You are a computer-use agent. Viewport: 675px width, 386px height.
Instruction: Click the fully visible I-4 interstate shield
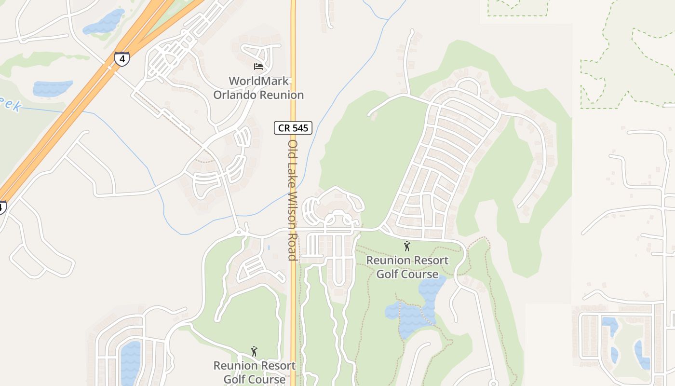click(122, 59)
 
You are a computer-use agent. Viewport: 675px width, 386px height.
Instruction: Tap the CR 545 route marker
click(293, 128)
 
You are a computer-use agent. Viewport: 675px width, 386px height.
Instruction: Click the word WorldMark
click(259, 81)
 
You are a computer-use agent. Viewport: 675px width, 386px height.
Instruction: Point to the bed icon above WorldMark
click(258, 66)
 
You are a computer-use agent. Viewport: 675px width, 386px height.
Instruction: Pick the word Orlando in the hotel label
click(235, 95)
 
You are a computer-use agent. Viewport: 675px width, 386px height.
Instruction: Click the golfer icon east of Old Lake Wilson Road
click(407, 246)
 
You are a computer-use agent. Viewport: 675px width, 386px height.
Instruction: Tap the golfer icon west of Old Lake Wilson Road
click(254, 351)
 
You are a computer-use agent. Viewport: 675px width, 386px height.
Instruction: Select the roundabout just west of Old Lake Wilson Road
click(240, 233)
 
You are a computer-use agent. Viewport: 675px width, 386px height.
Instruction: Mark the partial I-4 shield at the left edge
click(2, 207)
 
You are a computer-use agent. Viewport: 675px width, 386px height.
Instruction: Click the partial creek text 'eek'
click(11, 104)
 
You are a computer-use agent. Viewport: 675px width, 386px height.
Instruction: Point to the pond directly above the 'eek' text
click(52, 88)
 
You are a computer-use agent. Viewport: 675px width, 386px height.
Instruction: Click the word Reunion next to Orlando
click(282, 95)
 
